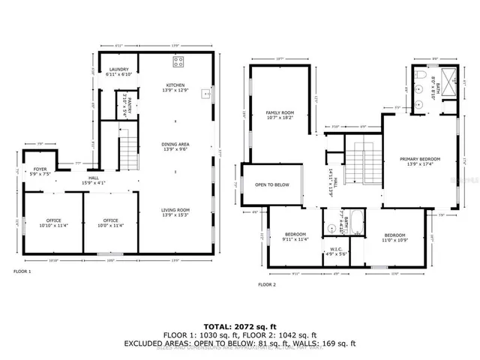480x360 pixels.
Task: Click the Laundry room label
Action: coord(119,72)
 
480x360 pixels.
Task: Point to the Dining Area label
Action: coord(175,147)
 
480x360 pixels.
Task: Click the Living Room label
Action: coord(175,213)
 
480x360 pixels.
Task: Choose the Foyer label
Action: coord(40,172)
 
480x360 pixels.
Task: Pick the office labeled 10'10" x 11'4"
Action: coord(52,223)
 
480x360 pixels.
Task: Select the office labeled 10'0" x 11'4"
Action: coord(111,223)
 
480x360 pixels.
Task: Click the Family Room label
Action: coord(279,115)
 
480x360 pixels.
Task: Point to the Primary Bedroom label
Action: coord(419,161)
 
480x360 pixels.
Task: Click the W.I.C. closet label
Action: coord(336,251)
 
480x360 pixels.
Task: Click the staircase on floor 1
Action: coord(130,151)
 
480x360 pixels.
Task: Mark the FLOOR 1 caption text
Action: coord(22,271)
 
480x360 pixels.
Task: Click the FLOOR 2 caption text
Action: coord(267,285)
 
